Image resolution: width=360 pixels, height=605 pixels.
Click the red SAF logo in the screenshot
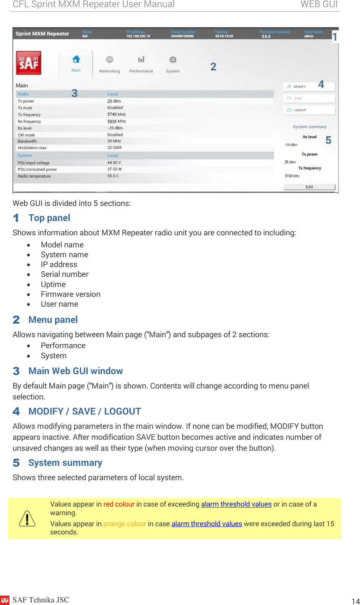pyautogui.click(x=29, y=63)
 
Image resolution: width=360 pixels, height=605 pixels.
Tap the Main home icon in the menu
pyautogui.click(x=76, y=59)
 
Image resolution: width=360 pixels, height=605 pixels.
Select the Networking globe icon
pyautogui.click(x=109, y=60)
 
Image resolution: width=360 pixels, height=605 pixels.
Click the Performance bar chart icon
pyautogui.click(x=141, y=60)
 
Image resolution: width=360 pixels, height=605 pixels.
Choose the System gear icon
pyautogui.click(x=173, y=60)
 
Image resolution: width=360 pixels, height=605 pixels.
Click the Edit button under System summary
pyautogui.click(x=309, y=187)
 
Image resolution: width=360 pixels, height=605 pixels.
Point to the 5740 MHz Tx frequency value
pyautogui.click(x=116, y=114)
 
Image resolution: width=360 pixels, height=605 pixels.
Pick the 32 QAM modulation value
pyautogui.click(x=114, y=147)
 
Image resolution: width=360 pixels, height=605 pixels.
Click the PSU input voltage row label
pyautogui.click(x=34, y=163)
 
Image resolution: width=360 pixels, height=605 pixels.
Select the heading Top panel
pyautogui.click(x=49, y=218)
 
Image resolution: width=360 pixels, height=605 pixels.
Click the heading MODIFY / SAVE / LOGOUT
pyautogui.click(x=84, y=412)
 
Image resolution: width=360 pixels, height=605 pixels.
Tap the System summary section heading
pyautogui.click(x=65, y=463)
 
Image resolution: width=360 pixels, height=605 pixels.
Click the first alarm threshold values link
pyautogui.click(x=236, y=504)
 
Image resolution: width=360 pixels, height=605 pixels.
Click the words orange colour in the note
pyautogui.click(x=124, y=524)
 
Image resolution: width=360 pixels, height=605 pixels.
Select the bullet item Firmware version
pyautogui.click(x=70, y=294)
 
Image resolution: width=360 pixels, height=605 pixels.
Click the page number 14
pyautogui.click(x=355, y=601)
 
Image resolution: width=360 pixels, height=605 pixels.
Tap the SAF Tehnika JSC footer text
pyautogui.click(x=41, y=600)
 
